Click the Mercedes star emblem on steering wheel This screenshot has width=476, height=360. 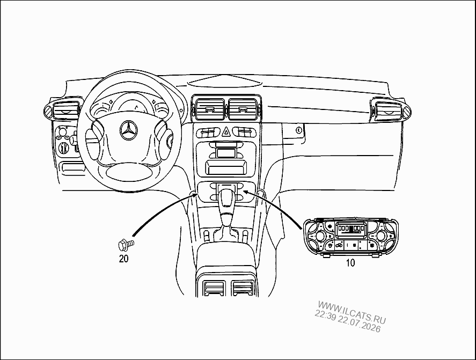click(x=129, y=130)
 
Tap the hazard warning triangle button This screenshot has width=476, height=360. click(x=226, y=132)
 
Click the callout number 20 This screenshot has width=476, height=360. click(x=123, y=259)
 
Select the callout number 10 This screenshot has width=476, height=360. click(x=350, y=263)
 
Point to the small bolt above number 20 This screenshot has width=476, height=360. click(x=126, y=244)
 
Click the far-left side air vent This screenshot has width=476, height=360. click(x=64, y=109)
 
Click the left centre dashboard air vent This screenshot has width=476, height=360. click(x=209, y=108)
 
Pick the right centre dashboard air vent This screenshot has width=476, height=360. click(x=243, y=108)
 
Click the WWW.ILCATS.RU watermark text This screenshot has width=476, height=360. click(x=352, y=312)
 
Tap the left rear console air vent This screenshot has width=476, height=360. click(x=215, y=288)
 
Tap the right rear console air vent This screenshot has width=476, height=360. click(x=243, y=288)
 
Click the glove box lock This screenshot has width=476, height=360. click(x=299, y=130)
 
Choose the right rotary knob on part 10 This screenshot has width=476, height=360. click(x=382, y=236)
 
